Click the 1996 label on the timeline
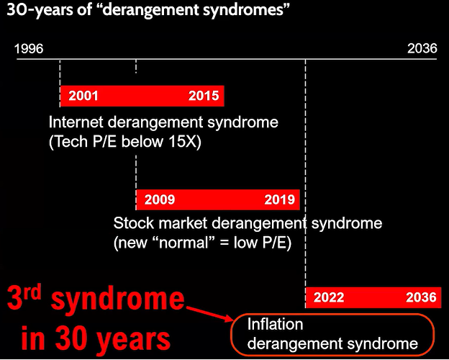point(29,48)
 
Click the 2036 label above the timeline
point(422,48)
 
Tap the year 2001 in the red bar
point(83,96)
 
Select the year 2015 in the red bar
point(204,96)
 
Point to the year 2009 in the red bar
point(160,199)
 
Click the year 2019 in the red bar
point(279,199)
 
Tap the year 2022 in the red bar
point(329,297)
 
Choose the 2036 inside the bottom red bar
point(421,297)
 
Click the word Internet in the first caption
point(76,122)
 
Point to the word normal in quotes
point(183,243)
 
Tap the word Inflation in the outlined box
point(275,325)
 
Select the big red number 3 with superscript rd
point(24,298)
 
